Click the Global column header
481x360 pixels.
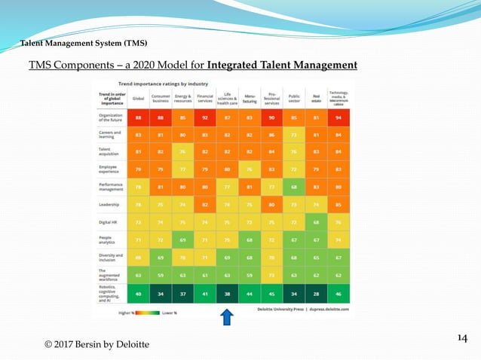(x=138, y=97)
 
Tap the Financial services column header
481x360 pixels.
(x=204, y=97)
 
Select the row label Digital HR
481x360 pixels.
(x=109, y=224)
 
